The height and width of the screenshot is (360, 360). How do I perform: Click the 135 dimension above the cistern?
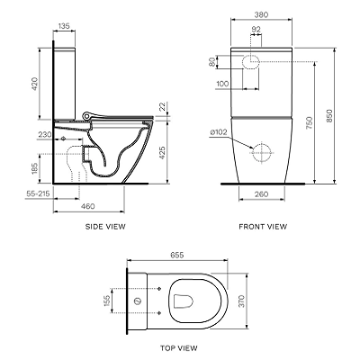[x=64, y=26]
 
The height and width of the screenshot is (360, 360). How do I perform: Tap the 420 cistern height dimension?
[x=35, y=84]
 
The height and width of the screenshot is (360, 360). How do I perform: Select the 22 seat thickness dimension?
[x=161, y=106]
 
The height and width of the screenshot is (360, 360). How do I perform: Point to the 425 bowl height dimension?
[x=162, y=153]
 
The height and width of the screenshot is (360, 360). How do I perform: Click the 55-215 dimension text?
[x=38, y=193]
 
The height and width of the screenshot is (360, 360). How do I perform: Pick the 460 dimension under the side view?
[x=88, y=206]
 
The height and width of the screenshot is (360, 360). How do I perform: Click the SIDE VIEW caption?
[x=105, y=227]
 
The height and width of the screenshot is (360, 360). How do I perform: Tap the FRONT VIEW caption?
[x=263, y=227]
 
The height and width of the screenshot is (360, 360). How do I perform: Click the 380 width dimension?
[x=261, y=14]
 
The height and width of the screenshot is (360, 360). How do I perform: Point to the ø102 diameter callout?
[x=219, y=132]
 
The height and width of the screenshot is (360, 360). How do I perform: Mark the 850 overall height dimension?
[x=329, y=116]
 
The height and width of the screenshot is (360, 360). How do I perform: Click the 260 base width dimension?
[x=261, y=194]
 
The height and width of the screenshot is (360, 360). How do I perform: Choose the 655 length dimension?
[x=177, y=255]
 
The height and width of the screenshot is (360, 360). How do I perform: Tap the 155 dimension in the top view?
[x=107, y=301]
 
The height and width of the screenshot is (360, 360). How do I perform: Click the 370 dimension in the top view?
[x=241, y=301]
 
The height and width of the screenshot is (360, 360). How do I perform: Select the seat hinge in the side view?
[x=87, y=115]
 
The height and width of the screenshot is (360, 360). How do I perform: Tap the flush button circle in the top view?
[x=138, y=301]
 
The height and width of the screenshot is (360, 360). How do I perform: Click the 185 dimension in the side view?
[x=35, y=168]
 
